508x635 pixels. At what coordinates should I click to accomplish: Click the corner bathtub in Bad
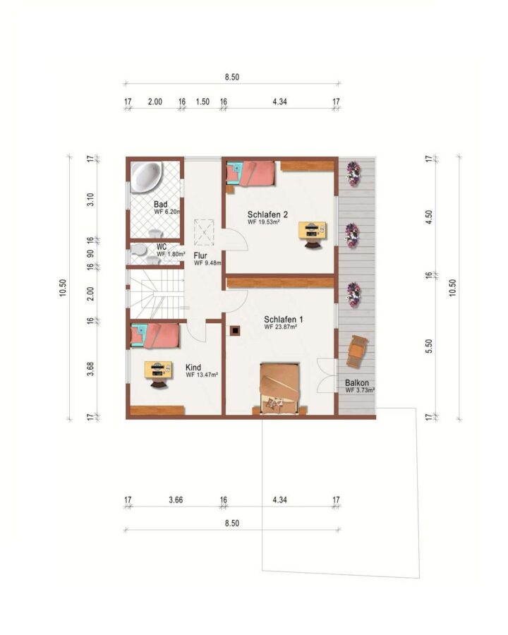point(145,176)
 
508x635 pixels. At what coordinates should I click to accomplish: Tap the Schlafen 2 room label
point(267,214)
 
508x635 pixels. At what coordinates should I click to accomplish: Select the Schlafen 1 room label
point(283,319)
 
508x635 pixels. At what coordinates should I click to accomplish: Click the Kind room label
point(193,368)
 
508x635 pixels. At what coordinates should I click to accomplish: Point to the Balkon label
point(357,382)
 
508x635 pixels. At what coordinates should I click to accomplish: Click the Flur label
point(200,255)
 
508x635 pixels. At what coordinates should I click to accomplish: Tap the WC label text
point(162,247)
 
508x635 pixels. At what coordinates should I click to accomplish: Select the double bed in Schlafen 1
point(280,388)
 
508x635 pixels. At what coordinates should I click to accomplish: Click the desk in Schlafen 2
point(312,234)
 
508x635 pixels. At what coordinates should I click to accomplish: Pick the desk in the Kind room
point(158,374)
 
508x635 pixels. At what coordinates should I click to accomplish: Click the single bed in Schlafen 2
point(250,174)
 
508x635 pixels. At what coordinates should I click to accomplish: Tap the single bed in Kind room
point(155,335)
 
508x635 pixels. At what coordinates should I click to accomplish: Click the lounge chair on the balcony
point(357,351)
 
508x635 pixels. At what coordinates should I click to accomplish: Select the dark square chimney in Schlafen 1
point(235,331)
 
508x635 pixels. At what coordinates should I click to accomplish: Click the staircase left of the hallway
point(157,294)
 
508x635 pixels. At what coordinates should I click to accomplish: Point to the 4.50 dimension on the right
point(430,217)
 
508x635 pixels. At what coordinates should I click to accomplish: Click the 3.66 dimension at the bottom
point(176,500)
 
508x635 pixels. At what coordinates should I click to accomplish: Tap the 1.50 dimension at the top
point(202,102)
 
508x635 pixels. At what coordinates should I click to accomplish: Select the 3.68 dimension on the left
point(91,368)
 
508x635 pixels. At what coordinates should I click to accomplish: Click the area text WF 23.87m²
point(281,327)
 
